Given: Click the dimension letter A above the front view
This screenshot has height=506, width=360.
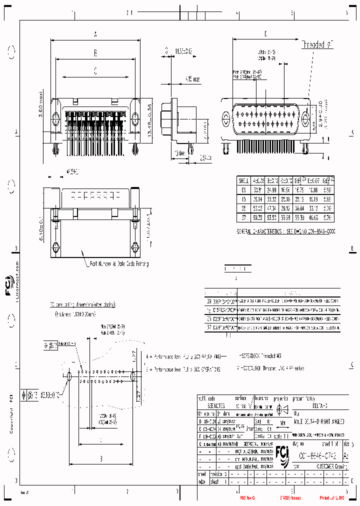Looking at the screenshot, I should coord(95,34).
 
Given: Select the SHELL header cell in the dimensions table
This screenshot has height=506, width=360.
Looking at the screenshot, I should coord(243,180).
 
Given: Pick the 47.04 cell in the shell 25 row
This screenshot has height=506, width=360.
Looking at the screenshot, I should coord(271,208).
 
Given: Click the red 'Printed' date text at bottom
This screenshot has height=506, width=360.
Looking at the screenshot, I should coord(332,498).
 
